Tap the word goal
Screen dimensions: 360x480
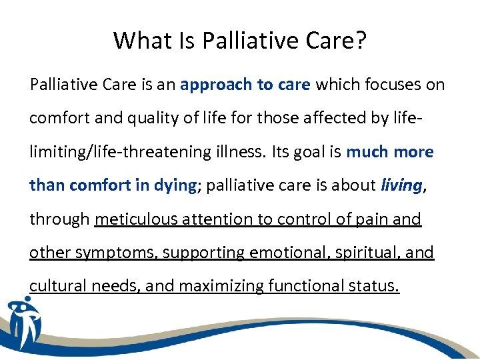click(313, 153)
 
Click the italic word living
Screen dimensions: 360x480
click(401, 186)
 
